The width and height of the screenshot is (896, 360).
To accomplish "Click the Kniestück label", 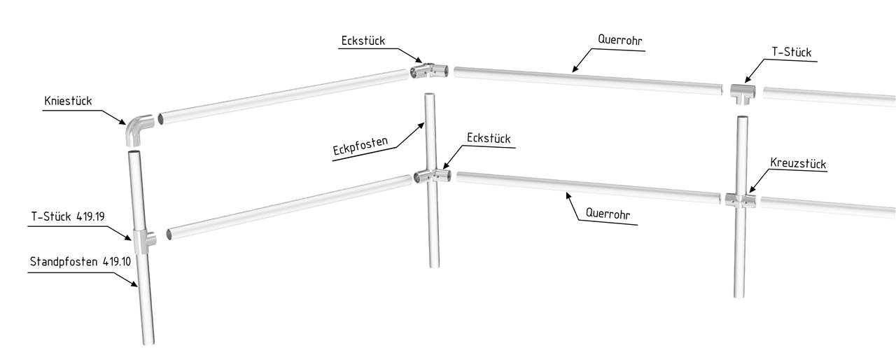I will (67, 102).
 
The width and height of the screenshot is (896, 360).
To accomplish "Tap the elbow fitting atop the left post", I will (139, 130).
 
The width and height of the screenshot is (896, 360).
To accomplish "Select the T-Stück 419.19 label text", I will (67, 217).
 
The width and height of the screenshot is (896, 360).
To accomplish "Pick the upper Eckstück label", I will (363, 41).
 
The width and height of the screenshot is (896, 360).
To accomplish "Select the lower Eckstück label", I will (489, 139).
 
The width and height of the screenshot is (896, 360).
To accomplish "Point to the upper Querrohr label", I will (620, 40).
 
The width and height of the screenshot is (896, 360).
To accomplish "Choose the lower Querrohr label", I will (608, 214).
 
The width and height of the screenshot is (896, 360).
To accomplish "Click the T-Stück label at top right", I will (792, 53).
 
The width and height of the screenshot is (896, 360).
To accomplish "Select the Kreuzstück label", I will (798, 164).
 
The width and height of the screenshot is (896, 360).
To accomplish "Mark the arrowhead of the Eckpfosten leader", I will (424, 124).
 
